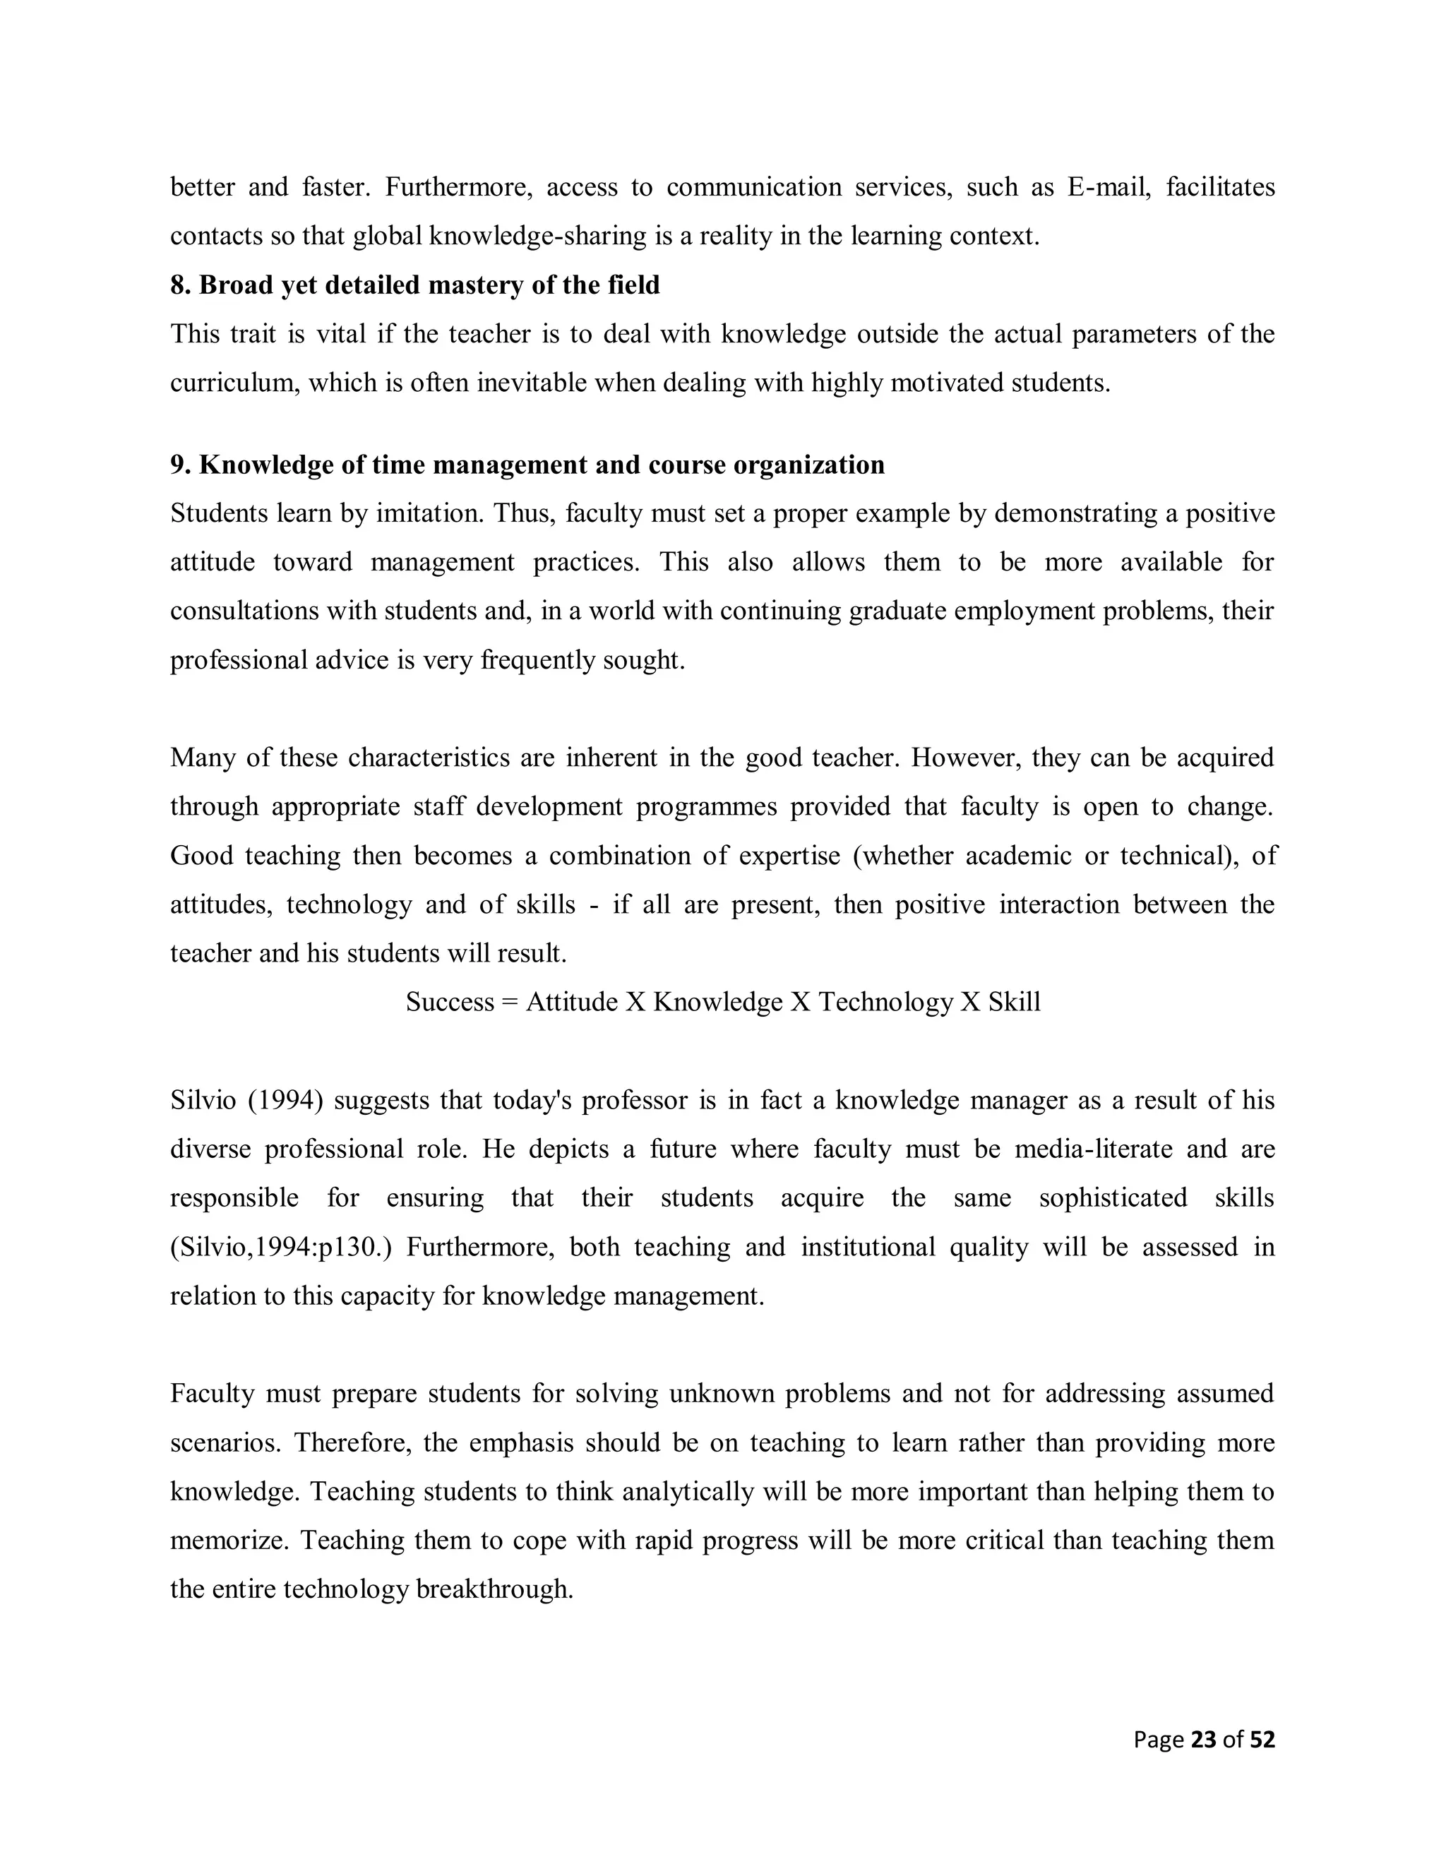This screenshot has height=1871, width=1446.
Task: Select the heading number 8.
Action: point(180,285)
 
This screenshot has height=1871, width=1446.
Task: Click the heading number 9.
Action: point(180,465)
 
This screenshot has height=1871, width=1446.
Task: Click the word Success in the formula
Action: point(450,1003)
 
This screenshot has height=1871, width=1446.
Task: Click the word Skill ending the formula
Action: point(1015,1003)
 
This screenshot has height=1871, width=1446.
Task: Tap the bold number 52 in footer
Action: point(1262,1740)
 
